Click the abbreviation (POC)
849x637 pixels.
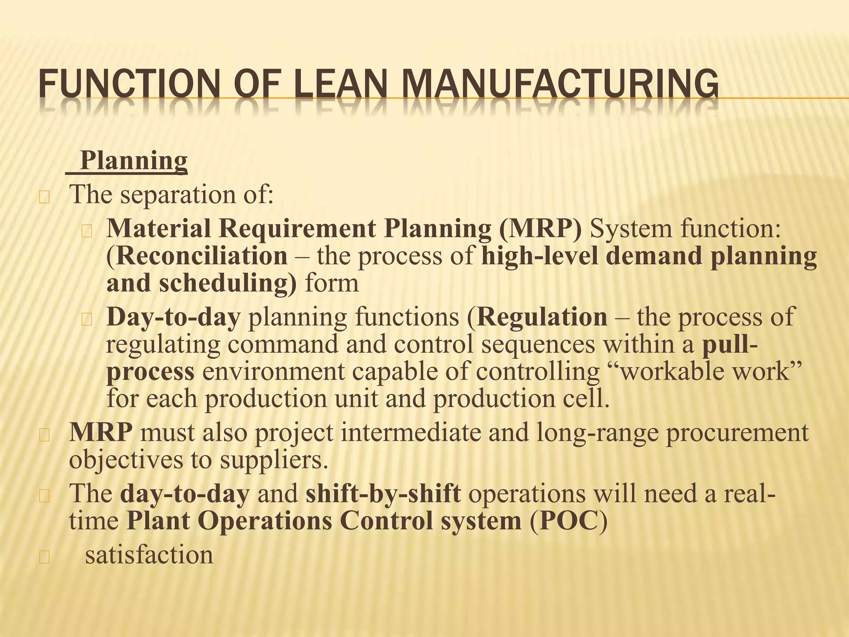568,521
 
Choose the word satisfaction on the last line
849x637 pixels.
149,555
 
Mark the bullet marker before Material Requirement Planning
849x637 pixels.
87,231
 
